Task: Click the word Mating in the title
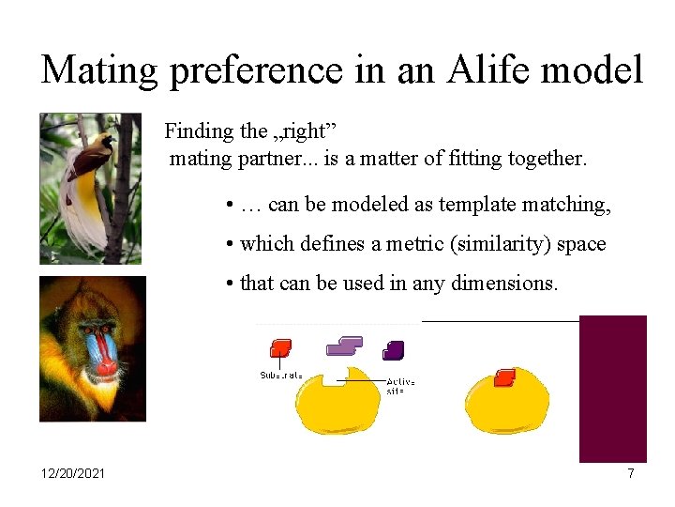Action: (x=100, y=70)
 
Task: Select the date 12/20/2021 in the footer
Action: (x=73, y=473)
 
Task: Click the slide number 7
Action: (x=631, y=473)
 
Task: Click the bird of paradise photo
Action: (x=90, y=188)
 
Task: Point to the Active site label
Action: (x=401, y=386)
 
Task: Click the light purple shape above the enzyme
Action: (x=344, y=346)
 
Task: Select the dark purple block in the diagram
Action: (x=394, y=350)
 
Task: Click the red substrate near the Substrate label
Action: (x=280, y=349)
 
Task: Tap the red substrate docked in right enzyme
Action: (x=504, y=376)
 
